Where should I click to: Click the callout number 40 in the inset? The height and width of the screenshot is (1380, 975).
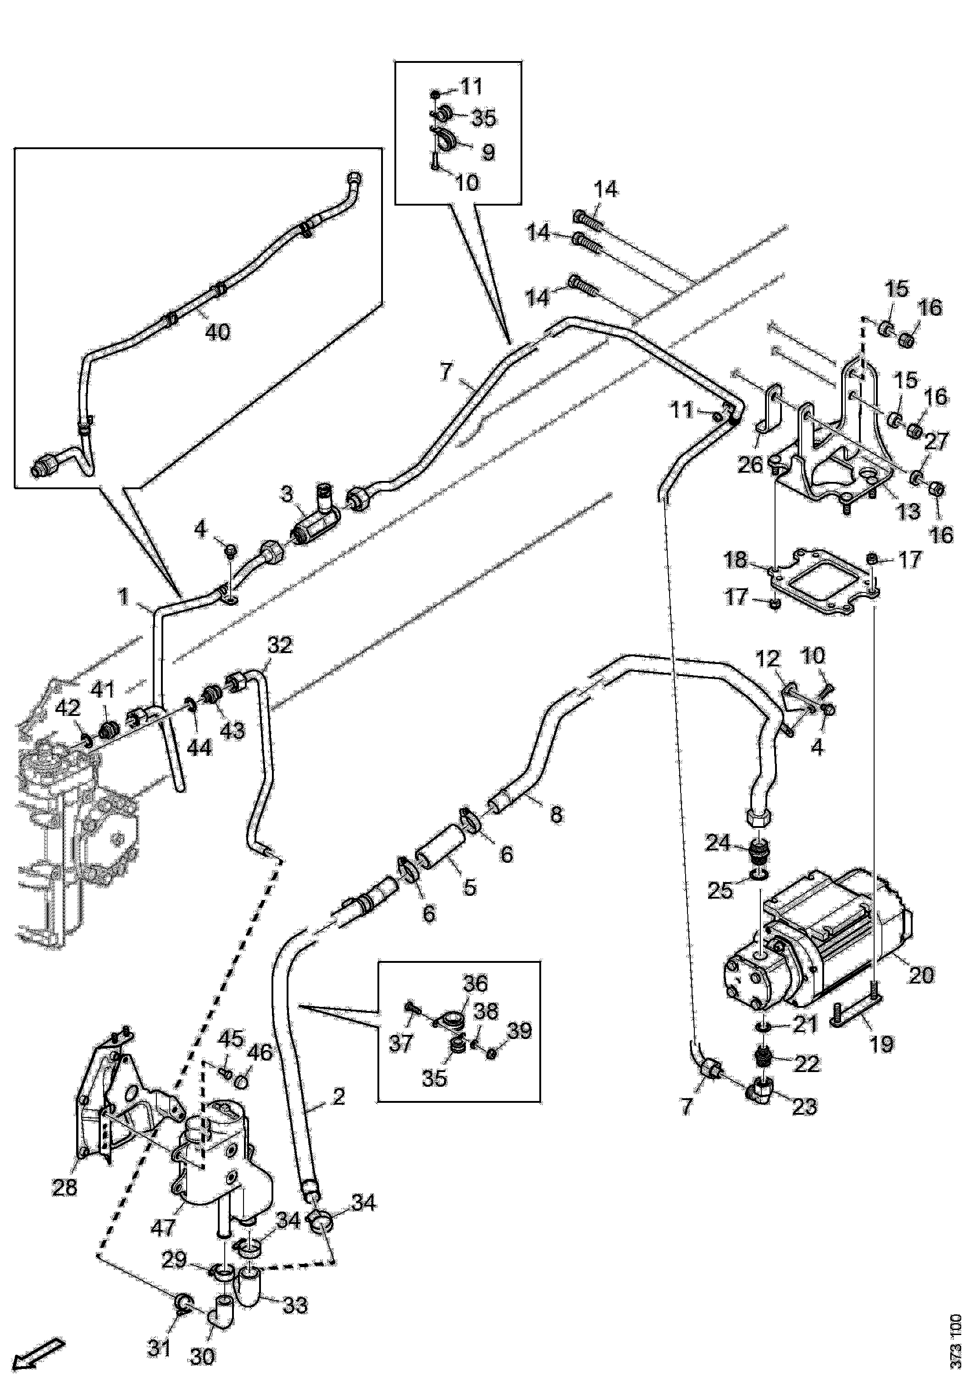217,331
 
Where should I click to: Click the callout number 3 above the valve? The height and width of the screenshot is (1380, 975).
287,495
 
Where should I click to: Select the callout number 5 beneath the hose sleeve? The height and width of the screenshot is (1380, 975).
469,887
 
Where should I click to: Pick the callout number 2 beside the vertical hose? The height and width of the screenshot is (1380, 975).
338,1097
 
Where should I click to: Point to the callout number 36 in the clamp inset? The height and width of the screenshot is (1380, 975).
475,984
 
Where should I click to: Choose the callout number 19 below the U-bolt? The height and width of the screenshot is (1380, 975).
882,1044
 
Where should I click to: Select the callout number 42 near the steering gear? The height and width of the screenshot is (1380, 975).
68,708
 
